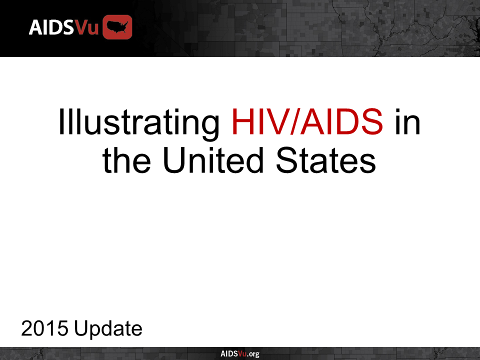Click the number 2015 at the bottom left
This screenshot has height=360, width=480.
44,329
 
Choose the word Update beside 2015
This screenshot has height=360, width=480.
107,329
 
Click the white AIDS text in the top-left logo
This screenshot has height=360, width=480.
51,27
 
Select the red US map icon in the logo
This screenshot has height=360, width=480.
117,27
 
